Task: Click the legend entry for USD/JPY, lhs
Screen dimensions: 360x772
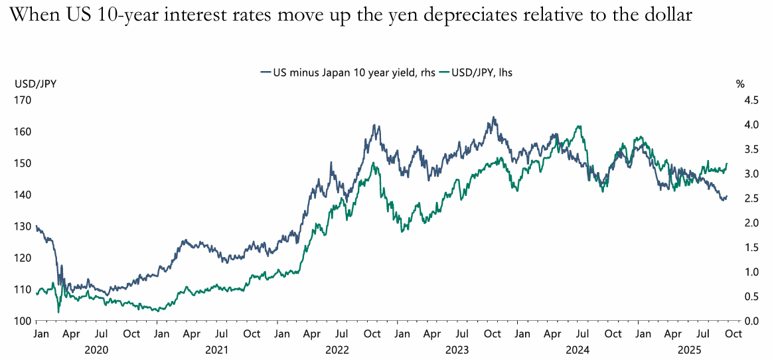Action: point(481,73)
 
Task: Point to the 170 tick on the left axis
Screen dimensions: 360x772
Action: point(23,100)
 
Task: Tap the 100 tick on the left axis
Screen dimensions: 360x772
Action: point(23,321)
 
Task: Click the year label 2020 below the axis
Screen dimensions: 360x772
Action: point(98,348)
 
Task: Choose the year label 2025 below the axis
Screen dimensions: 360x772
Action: point(683,348)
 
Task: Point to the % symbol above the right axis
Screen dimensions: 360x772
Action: point(740,84)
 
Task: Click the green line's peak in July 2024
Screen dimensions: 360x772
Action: point(580,126)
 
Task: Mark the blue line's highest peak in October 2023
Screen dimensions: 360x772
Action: point(493,118)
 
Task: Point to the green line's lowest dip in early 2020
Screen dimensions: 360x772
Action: point(58,312)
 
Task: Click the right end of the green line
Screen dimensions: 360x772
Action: point(727,163)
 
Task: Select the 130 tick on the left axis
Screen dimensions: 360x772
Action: point(23,226)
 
